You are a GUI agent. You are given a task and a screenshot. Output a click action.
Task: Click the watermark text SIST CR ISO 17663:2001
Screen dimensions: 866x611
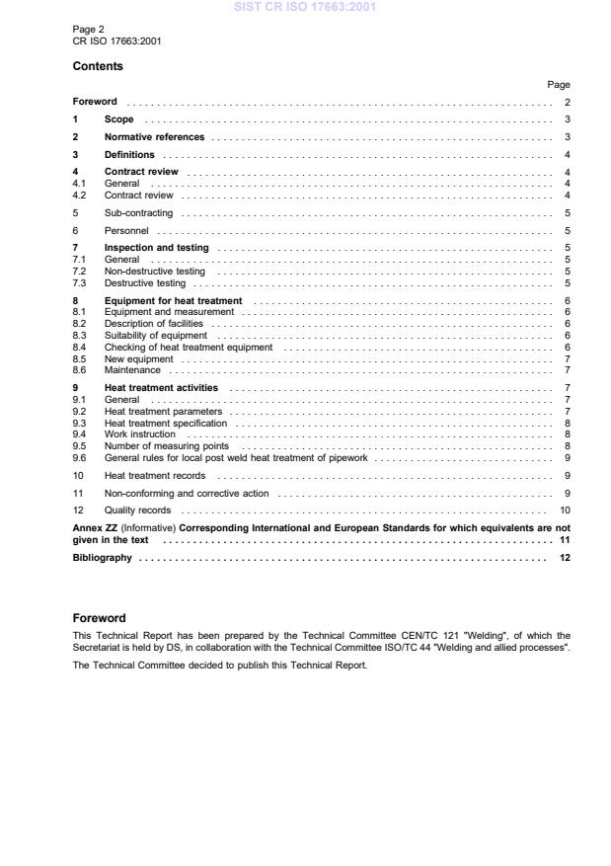[305, 8]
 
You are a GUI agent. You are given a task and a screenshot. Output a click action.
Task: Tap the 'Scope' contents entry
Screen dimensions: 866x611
[118, 119]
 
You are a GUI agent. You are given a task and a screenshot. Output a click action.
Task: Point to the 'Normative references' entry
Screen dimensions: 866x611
[154, 137]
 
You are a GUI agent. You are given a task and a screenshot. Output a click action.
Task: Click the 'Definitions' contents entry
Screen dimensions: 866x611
[129, 155]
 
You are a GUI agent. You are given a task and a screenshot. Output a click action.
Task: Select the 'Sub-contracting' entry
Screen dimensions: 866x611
[138, 212]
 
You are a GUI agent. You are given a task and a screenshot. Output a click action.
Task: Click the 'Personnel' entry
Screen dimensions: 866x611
[125, 230]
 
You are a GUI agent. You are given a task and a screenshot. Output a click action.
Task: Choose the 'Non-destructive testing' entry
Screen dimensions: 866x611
[154, 271]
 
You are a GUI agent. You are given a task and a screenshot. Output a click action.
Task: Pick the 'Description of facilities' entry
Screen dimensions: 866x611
[153, 323]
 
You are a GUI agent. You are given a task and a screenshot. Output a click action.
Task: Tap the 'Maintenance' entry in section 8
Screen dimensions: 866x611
[132, 370]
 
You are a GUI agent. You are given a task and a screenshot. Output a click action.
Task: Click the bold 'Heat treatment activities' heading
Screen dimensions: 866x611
[161, 388]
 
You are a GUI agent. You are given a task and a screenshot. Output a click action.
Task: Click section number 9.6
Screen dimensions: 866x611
[80, 457]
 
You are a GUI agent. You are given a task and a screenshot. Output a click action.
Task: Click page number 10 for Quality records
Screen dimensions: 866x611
[565, 511]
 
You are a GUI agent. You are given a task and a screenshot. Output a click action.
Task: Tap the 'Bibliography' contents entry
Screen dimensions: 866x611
[102, 558]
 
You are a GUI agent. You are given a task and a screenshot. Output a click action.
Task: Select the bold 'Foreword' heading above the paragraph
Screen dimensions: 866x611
[99, 618]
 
